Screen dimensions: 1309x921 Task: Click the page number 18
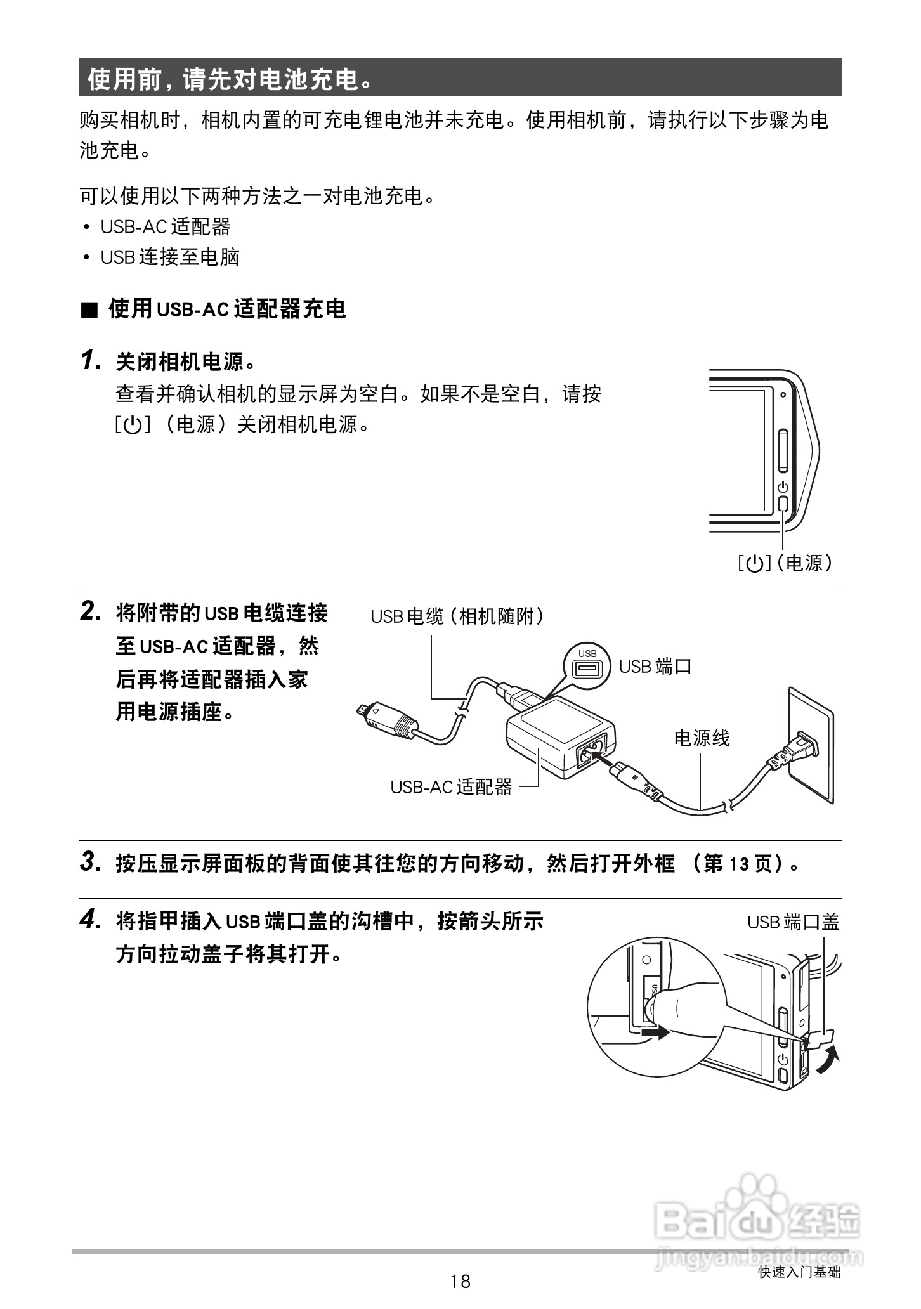tap(461, 1282)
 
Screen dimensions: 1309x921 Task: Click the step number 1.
tap(91, 361)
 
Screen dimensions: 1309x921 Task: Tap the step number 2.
tap(91, 612)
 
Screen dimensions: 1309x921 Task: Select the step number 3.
tap(91, 863)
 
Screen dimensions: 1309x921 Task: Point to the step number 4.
tap(91, 920)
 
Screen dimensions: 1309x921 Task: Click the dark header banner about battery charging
tap(460, 77)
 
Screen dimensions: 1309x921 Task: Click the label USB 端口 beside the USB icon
tap(655, 667)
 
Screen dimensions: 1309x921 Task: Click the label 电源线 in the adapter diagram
tap(702, 738)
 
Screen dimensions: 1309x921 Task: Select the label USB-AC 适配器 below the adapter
tap(451, 787)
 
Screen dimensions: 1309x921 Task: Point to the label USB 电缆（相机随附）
tap(458, 616)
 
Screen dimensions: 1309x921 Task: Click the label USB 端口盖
tap(793, 922)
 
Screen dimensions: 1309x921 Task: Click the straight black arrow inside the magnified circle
tap(655, 1033)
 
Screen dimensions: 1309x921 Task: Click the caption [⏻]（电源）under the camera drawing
tap(785, 563)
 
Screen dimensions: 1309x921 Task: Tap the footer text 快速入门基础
tap(799, 1272)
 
